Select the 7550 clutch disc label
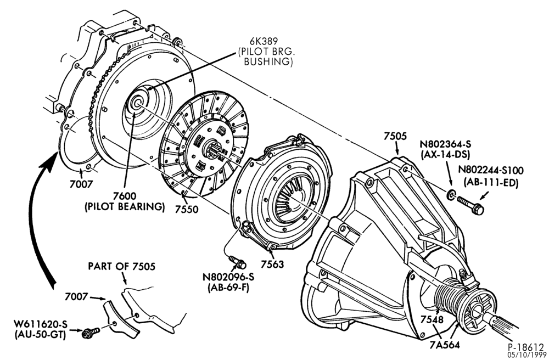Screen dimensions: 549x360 point(187,209)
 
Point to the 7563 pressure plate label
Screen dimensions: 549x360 point(272,264)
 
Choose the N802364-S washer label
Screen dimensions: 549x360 point(446,144)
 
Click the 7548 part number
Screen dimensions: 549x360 point(432,319)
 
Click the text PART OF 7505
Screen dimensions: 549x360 point(121,266)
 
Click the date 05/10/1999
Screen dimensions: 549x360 point(526,355)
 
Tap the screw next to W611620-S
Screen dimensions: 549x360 point(91,333)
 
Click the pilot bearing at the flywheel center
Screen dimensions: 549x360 point(137,103)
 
